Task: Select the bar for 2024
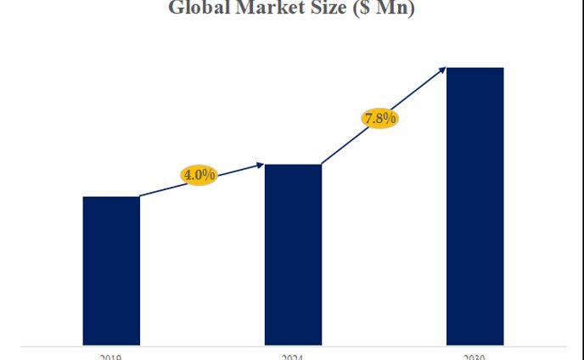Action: [x=293, y=254]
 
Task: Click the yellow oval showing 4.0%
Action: [x=199, y=175]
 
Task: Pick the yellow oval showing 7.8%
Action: [x=379, y=118]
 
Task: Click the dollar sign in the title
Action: [x=366, y=8]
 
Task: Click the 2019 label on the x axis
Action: [x=111, y=357]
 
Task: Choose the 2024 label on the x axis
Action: [x=293, y=357]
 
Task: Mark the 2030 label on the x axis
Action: [x=475, y=357]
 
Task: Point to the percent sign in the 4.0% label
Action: [x=210, y=175]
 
